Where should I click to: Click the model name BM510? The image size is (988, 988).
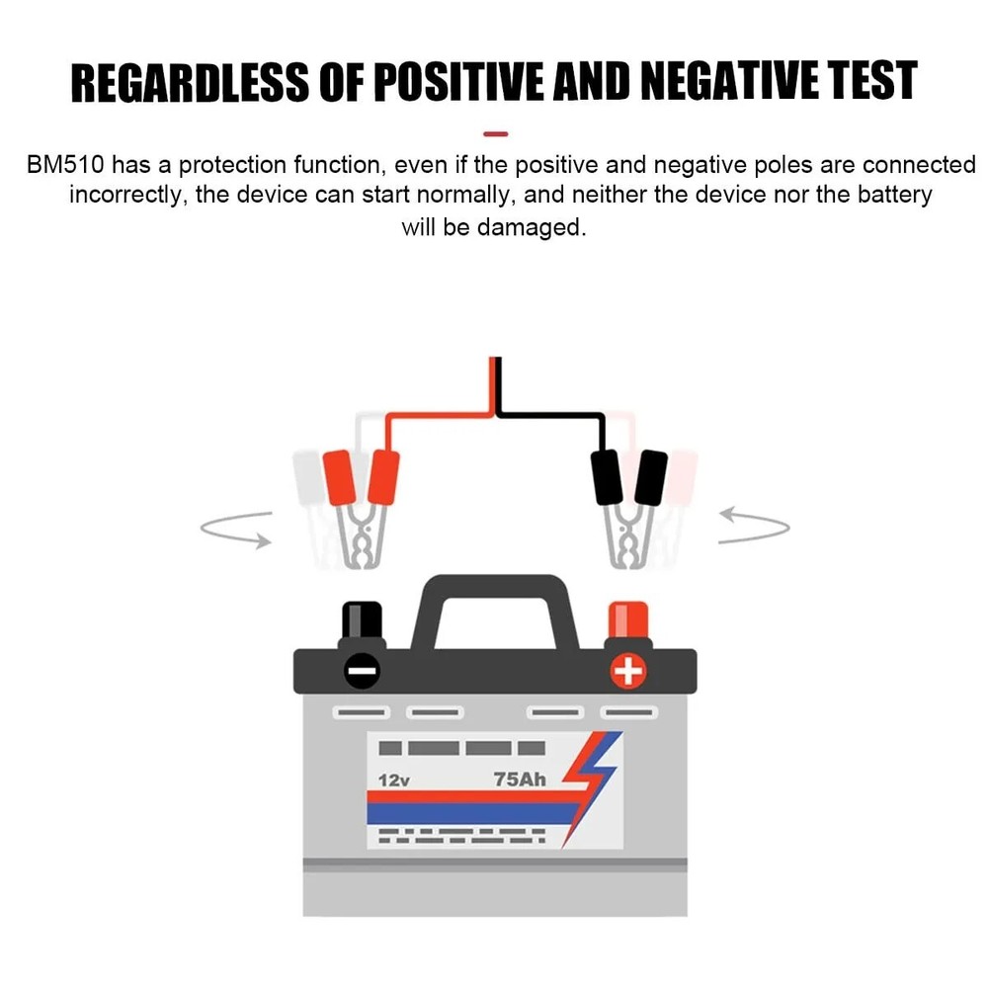tap(65, 165)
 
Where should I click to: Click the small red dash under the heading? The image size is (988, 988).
tap(495, 134)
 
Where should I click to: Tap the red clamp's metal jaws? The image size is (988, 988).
tap(361, 535)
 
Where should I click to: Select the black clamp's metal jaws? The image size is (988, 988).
tap(628, 535)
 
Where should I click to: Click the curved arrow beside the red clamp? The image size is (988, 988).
tap(234, 530)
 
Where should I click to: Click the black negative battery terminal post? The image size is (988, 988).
tap(362, 620)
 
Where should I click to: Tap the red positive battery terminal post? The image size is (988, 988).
tap(628, 620)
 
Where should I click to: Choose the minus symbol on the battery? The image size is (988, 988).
tap(363, 671)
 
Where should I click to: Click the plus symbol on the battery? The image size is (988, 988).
tap(628, 671)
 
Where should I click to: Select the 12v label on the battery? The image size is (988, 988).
tap(394, 781)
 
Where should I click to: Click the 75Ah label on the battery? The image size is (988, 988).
tap(520, 780)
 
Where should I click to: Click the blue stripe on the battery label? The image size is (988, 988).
tap(472, 814)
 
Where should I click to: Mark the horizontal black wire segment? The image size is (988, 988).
tap(549, 415)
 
